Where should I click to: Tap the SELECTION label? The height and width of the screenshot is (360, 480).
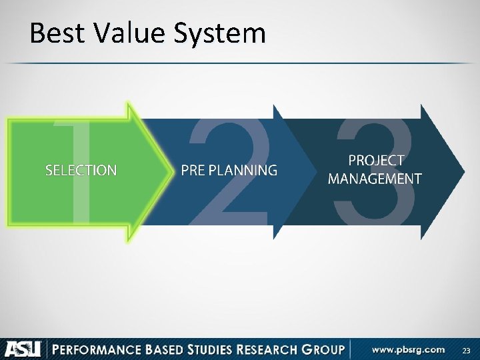(81, 171)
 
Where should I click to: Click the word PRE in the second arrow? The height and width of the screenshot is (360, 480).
(193, 171)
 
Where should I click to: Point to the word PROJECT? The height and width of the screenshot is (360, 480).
(376, 161)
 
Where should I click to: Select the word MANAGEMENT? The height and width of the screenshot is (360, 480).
(375, 179)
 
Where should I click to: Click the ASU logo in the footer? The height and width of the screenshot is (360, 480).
(23, 349)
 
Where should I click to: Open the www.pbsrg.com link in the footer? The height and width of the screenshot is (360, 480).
(408, 349)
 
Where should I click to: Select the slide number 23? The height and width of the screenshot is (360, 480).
(466, 350)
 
